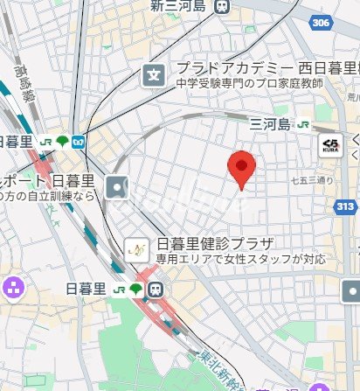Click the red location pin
(x=241, y=168)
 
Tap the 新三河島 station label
(x=179, y=6)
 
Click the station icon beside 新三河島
(x=222, y=6)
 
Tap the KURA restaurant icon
(x=331, y=145)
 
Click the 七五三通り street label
(x=312, y=181)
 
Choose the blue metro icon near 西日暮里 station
(x=79, y=141)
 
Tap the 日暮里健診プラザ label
(x=215, y=243)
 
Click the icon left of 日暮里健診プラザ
(x=136, y=250)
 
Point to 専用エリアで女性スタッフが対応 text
(x=241, y=259)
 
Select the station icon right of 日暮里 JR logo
(x=156, y=290)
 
